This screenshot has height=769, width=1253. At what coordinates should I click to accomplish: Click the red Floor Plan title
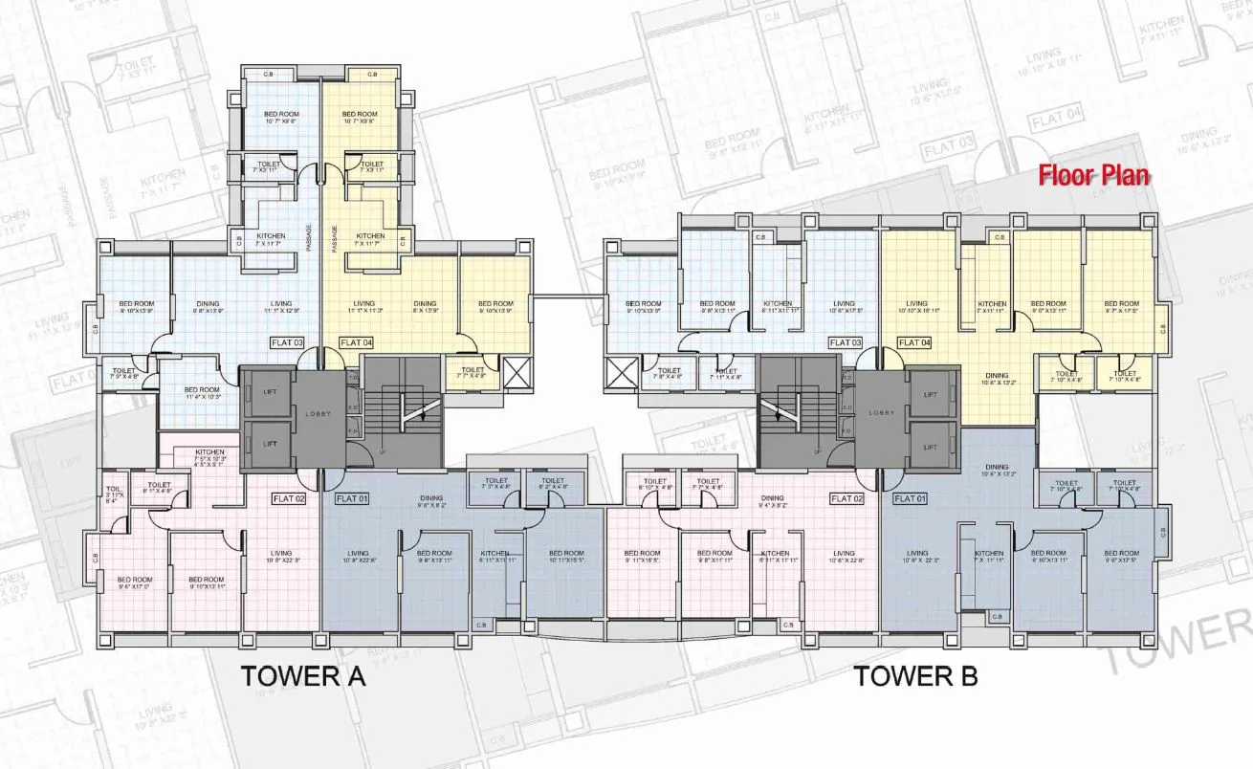click(1094, 175)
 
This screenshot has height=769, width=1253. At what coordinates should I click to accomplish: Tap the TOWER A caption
click(303, 676)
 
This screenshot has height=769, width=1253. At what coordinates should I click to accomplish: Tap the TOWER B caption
click(915, 676)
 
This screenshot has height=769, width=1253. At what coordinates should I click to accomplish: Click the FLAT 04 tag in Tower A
click(355, 342)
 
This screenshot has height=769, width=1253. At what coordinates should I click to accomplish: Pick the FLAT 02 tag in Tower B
click(846, 498)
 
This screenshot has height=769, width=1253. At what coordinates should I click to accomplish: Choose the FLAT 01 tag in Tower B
click(909, 498)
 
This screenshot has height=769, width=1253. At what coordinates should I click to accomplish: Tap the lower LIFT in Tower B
click(931, 447)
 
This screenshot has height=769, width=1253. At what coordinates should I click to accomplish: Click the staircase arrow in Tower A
click(417, 411)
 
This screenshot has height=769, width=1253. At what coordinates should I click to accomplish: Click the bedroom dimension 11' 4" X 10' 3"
click(203, 397)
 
